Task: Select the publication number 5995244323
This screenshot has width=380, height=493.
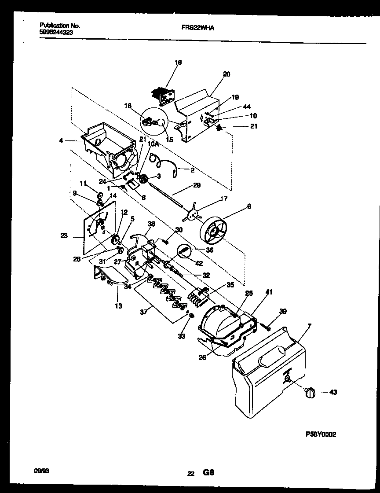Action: coord(53,33)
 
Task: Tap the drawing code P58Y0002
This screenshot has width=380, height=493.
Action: coord(321,434)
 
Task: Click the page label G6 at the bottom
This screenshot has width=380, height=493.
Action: coord(208,473)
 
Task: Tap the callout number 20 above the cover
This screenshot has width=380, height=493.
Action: coord(227,74)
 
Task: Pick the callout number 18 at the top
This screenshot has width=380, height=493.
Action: coord(178,63)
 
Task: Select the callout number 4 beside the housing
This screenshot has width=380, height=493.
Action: coord(61,141)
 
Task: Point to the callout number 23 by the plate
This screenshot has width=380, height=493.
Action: coord(64,236)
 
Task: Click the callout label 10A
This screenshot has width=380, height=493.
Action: coord(152,144)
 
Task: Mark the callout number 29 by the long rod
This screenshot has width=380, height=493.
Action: coord(197,185)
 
